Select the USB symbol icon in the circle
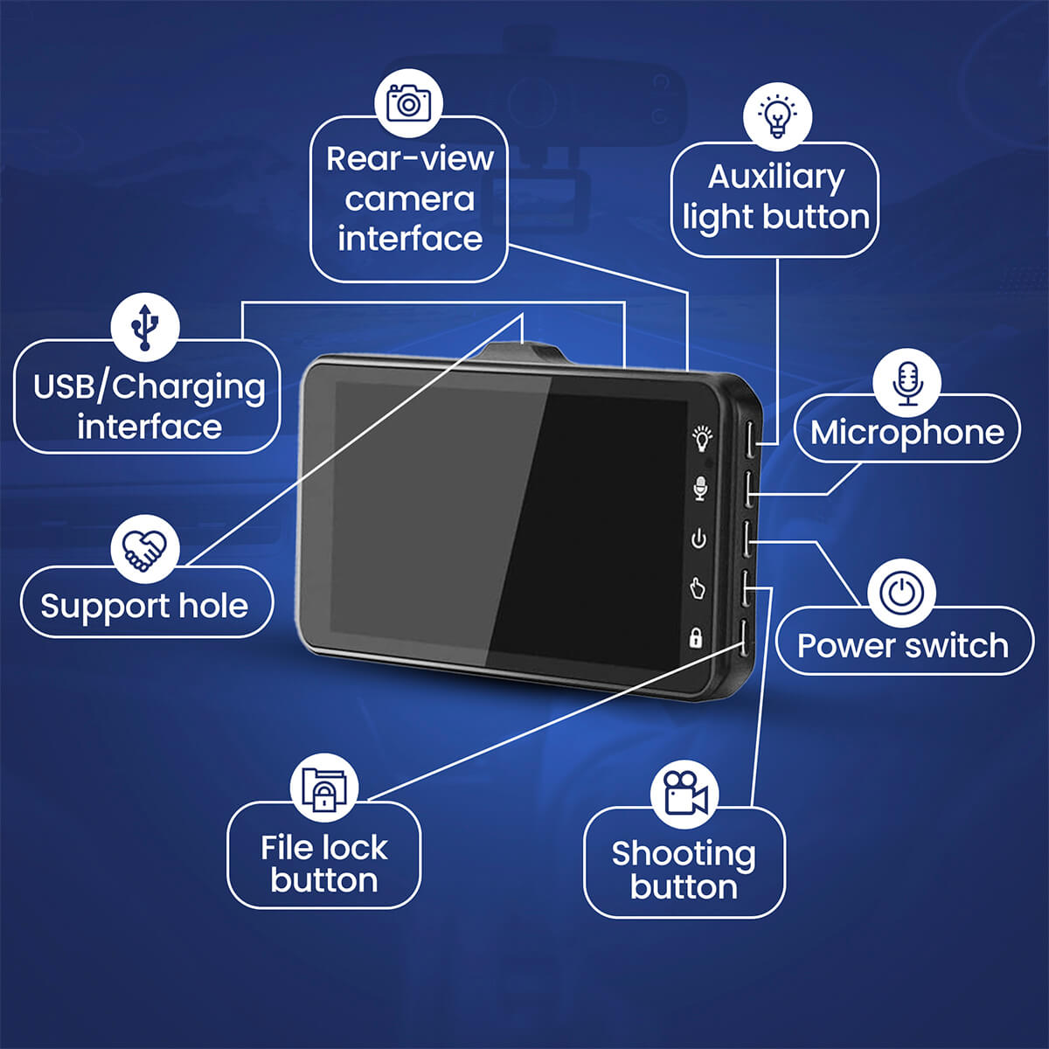tap(145, 326)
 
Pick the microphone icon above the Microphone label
tap(907, 383)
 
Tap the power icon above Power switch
tap(901, 594)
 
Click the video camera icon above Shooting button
tap(684, 792)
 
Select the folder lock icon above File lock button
tap(323, 787)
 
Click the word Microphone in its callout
tap(907, 432)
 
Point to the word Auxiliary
tap(775, 177)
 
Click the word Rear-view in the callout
tap(409, 159)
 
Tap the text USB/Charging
tap(149, 386)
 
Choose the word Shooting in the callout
tap(683, 853)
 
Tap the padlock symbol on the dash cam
tap(696, 637)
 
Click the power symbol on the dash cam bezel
tap(698, 538)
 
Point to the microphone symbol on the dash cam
tap(700, 488)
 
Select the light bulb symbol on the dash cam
tap(701, 437)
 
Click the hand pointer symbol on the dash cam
tap(698, 588)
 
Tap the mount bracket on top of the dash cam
tap(523, 353)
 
